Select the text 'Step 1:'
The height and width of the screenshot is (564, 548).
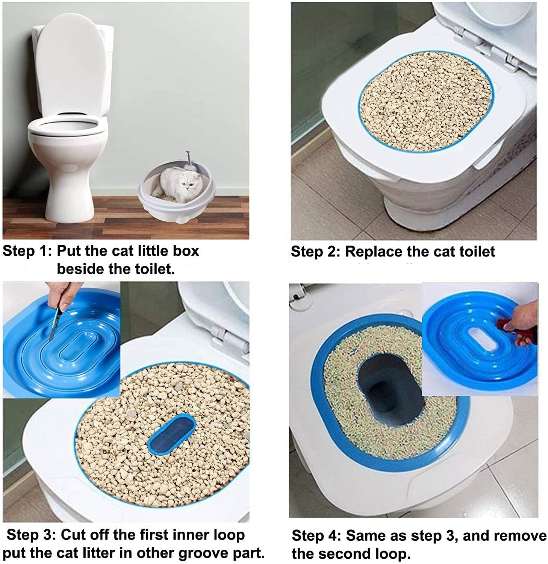26,251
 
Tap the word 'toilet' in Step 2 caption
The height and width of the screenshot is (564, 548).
476,252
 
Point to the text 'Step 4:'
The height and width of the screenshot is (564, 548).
316,535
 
